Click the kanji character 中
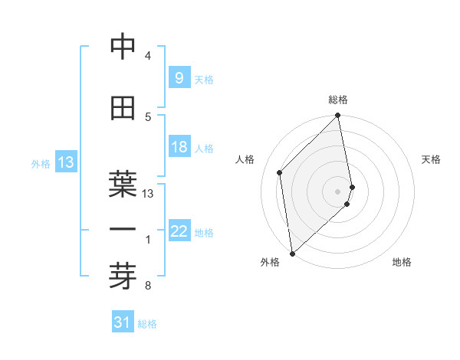[123, 47]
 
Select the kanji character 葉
[123, 184]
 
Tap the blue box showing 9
[179, 77]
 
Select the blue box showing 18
[179, 147]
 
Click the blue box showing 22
[179, 231]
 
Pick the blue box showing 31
[123, 322]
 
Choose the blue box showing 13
[65, 162]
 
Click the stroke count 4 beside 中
[147, 56]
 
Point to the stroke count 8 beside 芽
[147, 286]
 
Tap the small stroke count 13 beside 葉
[148, 194]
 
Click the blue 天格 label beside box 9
[204, 79]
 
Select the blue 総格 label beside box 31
[147, 324]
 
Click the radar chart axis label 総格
[338, 100]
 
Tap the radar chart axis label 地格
[402, 262]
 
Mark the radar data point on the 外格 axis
[292, 254]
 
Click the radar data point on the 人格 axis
[280, 172]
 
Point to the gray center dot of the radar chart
[338, 191]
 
